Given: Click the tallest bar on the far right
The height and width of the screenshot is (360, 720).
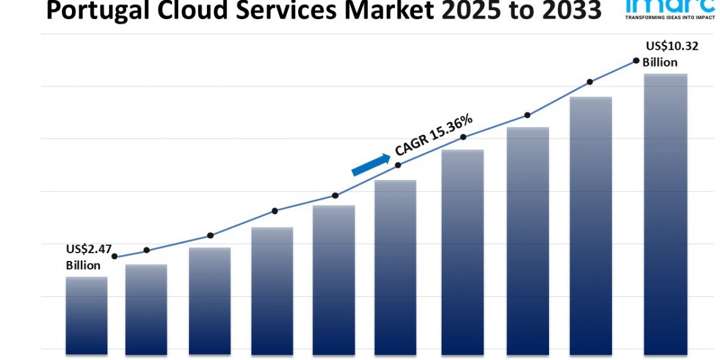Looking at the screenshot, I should [x=665, y=213].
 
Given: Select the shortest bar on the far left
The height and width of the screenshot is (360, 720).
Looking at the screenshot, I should [x=86, y=314].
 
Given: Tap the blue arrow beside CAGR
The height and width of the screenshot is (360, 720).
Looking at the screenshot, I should [x=370, y=164].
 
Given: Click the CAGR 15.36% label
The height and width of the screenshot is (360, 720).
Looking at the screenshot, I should [x=434, y=136].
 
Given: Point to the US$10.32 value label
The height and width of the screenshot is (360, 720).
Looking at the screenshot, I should [x=672, y=46].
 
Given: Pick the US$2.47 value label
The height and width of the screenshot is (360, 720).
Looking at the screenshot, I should [x=89, y=250].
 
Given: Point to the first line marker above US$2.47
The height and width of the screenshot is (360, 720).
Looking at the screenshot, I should [x=115, y=256].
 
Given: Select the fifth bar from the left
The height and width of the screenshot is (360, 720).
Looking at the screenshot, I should [x=334, y=279].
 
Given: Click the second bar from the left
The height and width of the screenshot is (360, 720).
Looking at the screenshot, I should [x=146, y=308].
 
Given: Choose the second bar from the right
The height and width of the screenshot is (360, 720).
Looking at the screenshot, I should [x=591, y=225].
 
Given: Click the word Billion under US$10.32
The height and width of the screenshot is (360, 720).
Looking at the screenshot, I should [x=660, y=62].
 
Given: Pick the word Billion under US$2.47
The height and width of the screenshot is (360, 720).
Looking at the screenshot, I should [x=83, y=265].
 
